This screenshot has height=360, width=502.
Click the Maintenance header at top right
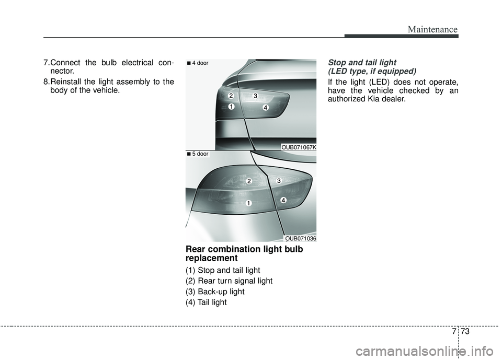[x=432, y=29]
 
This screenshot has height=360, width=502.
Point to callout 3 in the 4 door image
[x=255, y=96]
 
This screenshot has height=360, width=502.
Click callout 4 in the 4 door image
[x=266, y=108]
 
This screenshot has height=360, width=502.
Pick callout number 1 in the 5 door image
[x=249, y=203]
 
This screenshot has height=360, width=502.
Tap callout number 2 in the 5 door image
[x=249, y=181]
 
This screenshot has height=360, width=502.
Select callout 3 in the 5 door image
[x=279, y=181]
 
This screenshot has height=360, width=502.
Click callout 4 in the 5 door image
[x=283, y=200]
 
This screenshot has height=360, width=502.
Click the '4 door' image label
[x=198, y=63]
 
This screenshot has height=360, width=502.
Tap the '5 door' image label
[x=198, y=154]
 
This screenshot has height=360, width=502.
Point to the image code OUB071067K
[x=299, y=147]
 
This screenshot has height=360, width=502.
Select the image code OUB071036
[x=301, y=239]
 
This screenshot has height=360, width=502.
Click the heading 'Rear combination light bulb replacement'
[x=244, y=253]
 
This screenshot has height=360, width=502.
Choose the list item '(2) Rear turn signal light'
[x=229, y=281]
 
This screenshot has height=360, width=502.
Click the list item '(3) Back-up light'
[x=215, y=292]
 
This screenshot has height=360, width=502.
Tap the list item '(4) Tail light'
[x=206, y=303]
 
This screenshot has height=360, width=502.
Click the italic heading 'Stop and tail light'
[x=362, y=63]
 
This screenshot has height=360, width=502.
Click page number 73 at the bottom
[x=465, y=331]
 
